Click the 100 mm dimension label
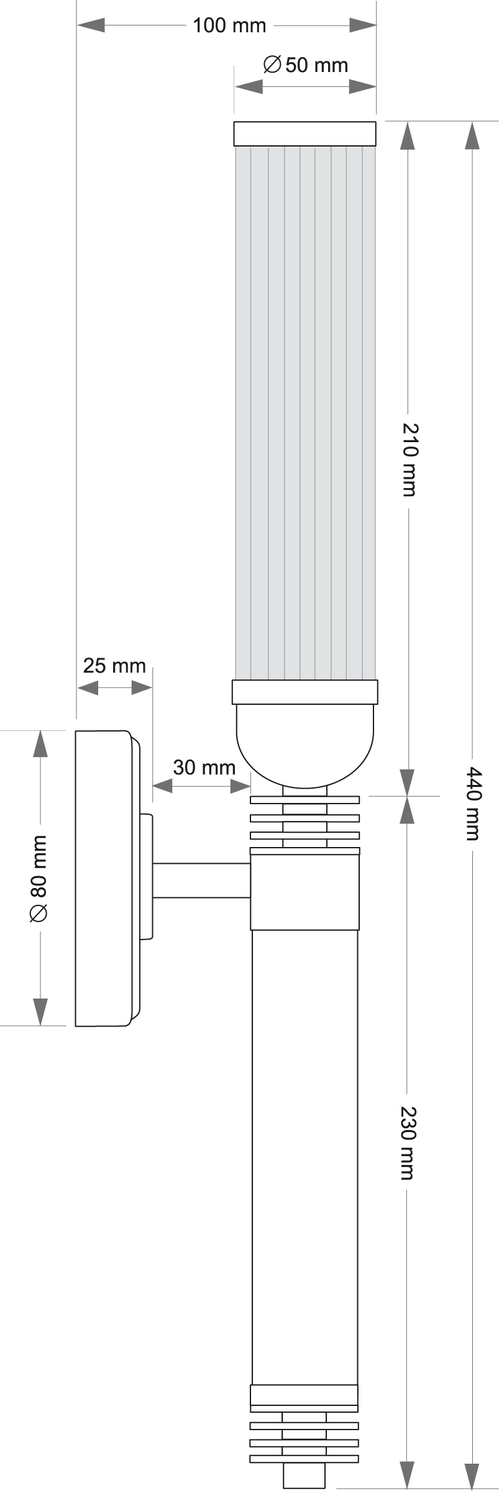pyautogui.click(x=229, y=25)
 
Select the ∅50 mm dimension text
pyautogui.click(x=305, y=65)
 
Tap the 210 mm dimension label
pyautogui.click(x=409, y=459)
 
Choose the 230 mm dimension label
pyautogui.click(x=408, y=1142)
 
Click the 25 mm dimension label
pyautogui.click(x=114, y=666)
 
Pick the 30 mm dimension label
pyautogui.click(x=204, y=767)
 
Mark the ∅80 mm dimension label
pyautogui.click(x=39, y=878)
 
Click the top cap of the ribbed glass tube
pyautogui.click(x=304, y=134)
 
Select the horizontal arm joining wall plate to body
pyautogui.click(x=201, y=880)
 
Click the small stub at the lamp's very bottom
pyautogui.click(x=304, y=1476)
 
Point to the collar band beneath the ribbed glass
pyautogui.click(x=304, y=692)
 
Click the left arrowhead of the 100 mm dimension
pyautogui.click(x=90, y=25)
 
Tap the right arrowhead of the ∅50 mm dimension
pyautogui.click(x=363, y=86)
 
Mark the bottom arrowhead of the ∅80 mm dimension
pyautogui.click(x=40, y=1012)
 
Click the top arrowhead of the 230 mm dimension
pyautogui.click(x=407, y=809)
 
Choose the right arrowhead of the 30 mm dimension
pyautogui.click(x=240, y=786)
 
